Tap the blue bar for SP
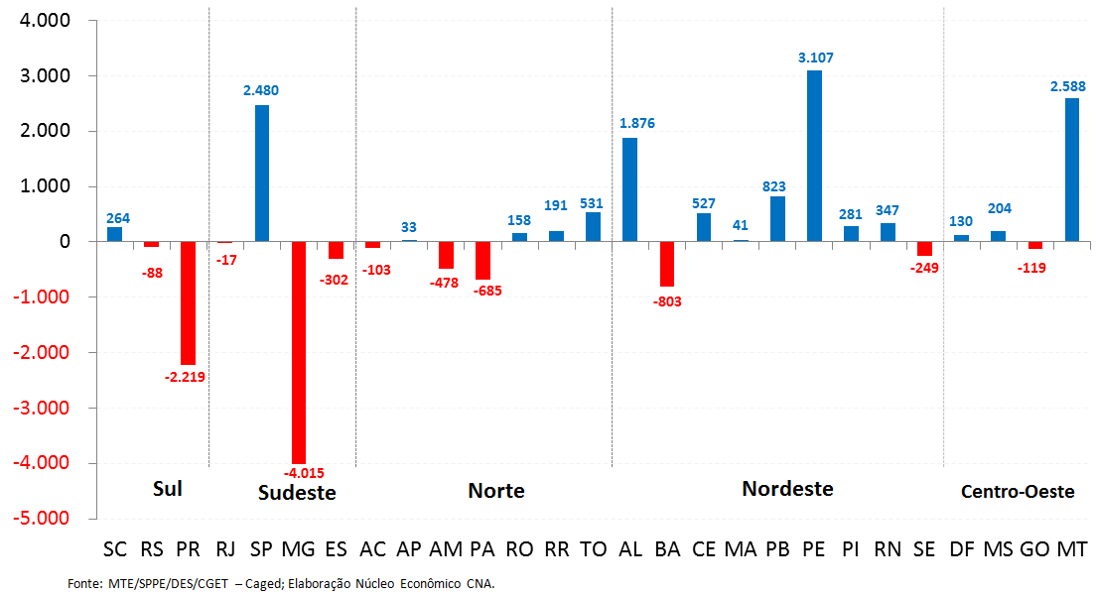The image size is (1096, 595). [x=262, y=174]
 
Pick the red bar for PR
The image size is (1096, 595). [x=189, y=302]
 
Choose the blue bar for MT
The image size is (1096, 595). [x=1071, y=170]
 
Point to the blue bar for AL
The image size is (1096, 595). [x=629, y=189]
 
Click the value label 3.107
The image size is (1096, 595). [x=815, y=58]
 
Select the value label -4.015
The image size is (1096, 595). [x=304, y=473]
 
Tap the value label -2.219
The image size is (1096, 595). [x=184, y=376]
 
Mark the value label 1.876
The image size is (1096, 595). [x=636, y=123]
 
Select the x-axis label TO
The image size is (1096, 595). [x=593, y=548]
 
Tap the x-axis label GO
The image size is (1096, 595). [x=1034, y=548]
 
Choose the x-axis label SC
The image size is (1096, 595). [x=115, y=548]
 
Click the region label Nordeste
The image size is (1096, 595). [x=787, y=488]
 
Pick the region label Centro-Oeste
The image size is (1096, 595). [x=1018, y=491]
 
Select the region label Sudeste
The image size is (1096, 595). [x=297, y=493]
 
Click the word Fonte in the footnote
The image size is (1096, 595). [x=84, y=584]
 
